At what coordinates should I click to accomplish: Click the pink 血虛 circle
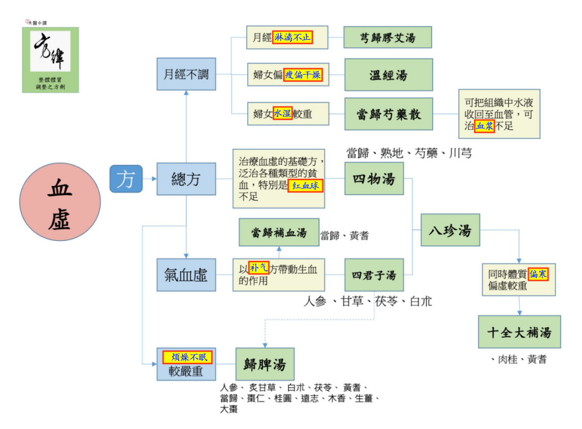pyautogui.click(x=60, y=201)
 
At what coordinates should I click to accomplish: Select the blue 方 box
pyautogui.click(x=126, y=179)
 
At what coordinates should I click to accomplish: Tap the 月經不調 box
pyautogui.click(x=186, y=75)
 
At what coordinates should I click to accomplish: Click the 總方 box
pyautogui.click(x=186, y=179)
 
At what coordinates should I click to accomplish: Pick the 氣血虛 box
pyautogui.click(x=186, y=275)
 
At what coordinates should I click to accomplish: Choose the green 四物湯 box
pyautogui.click(x=374, y=178)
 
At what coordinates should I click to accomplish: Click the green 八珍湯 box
pyautogui.click(x=450, y=230)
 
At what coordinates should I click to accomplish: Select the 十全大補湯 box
pyautogui.click(x=519, y=332)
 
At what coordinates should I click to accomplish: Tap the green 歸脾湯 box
pyautogui.click(x=265, y=364)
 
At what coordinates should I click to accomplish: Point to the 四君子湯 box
pyautogui.click(x=374, y=275)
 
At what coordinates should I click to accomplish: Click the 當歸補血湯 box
pyautogui.click(x=279, y=232)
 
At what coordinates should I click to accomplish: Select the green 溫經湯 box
pyautogui.click(x=389, y=75)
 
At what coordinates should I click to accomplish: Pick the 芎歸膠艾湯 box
pyautogui.click(x=388, y=38)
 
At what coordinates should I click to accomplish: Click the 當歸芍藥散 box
pyautogui.click(x=389, y=114)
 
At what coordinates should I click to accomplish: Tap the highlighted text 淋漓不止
pyautogui.click(x=292, y=38)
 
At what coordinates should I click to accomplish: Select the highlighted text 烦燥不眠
pyautogui.click(x=187, y=357)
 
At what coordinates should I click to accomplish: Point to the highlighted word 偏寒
pyautogui.click(x=538, y=274)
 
